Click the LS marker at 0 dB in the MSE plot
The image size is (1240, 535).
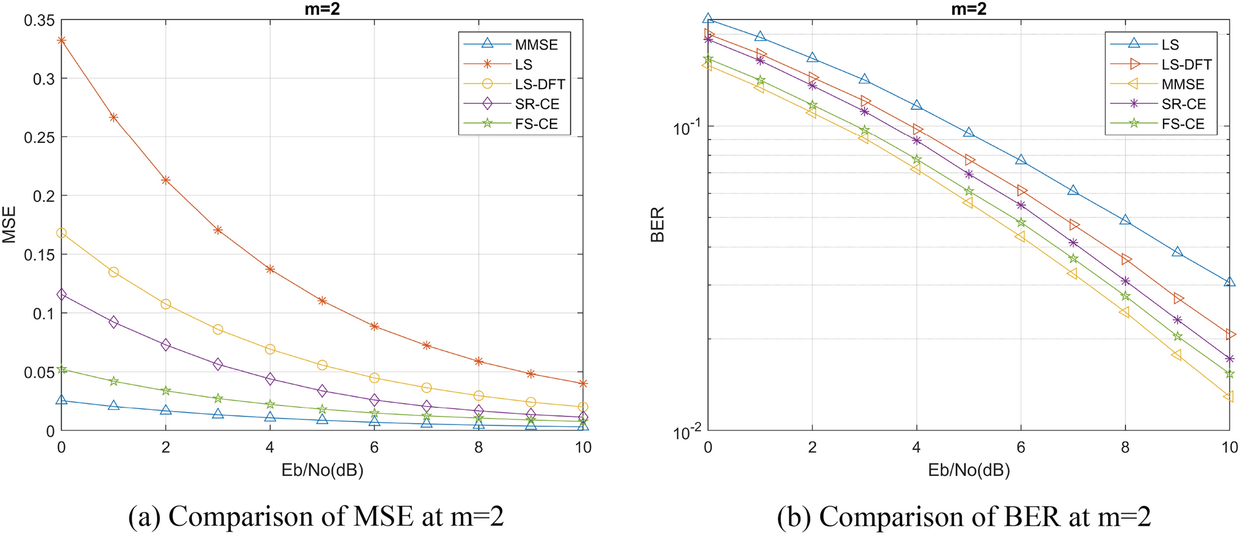click(x=61, y=40)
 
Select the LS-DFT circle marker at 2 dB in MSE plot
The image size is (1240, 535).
click(x=166, y=304)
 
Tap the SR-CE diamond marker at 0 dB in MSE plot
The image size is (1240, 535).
click(x=61, y=294)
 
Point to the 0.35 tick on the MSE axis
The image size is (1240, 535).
click(x=39, y=21)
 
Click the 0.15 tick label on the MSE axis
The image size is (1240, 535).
click(x=39, y=255)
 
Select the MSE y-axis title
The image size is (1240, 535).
click(x=10, y=225)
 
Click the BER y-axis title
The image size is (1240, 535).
click(x=657, y=225)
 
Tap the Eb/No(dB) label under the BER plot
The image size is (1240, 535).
click(x=968, y=470)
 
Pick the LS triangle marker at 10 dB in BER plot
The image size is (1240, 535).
click(x=1230, y=282)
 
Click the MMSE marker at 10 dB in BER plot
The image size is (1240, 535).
click(x=1228, y=397)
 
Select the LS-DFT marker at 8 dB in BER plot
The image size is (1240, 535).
click(x=1126, y=260)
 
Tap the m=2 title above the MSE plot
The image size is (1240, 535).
click(x=322, y=9)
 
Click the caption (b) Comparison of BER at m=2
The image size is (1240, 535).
click(x=964, y=517)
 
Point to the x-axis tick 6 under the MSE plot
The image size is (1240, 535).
click(x=374, y=448)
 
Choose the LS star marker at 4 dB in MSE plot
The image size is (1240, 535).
click(x=270, y=269)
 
